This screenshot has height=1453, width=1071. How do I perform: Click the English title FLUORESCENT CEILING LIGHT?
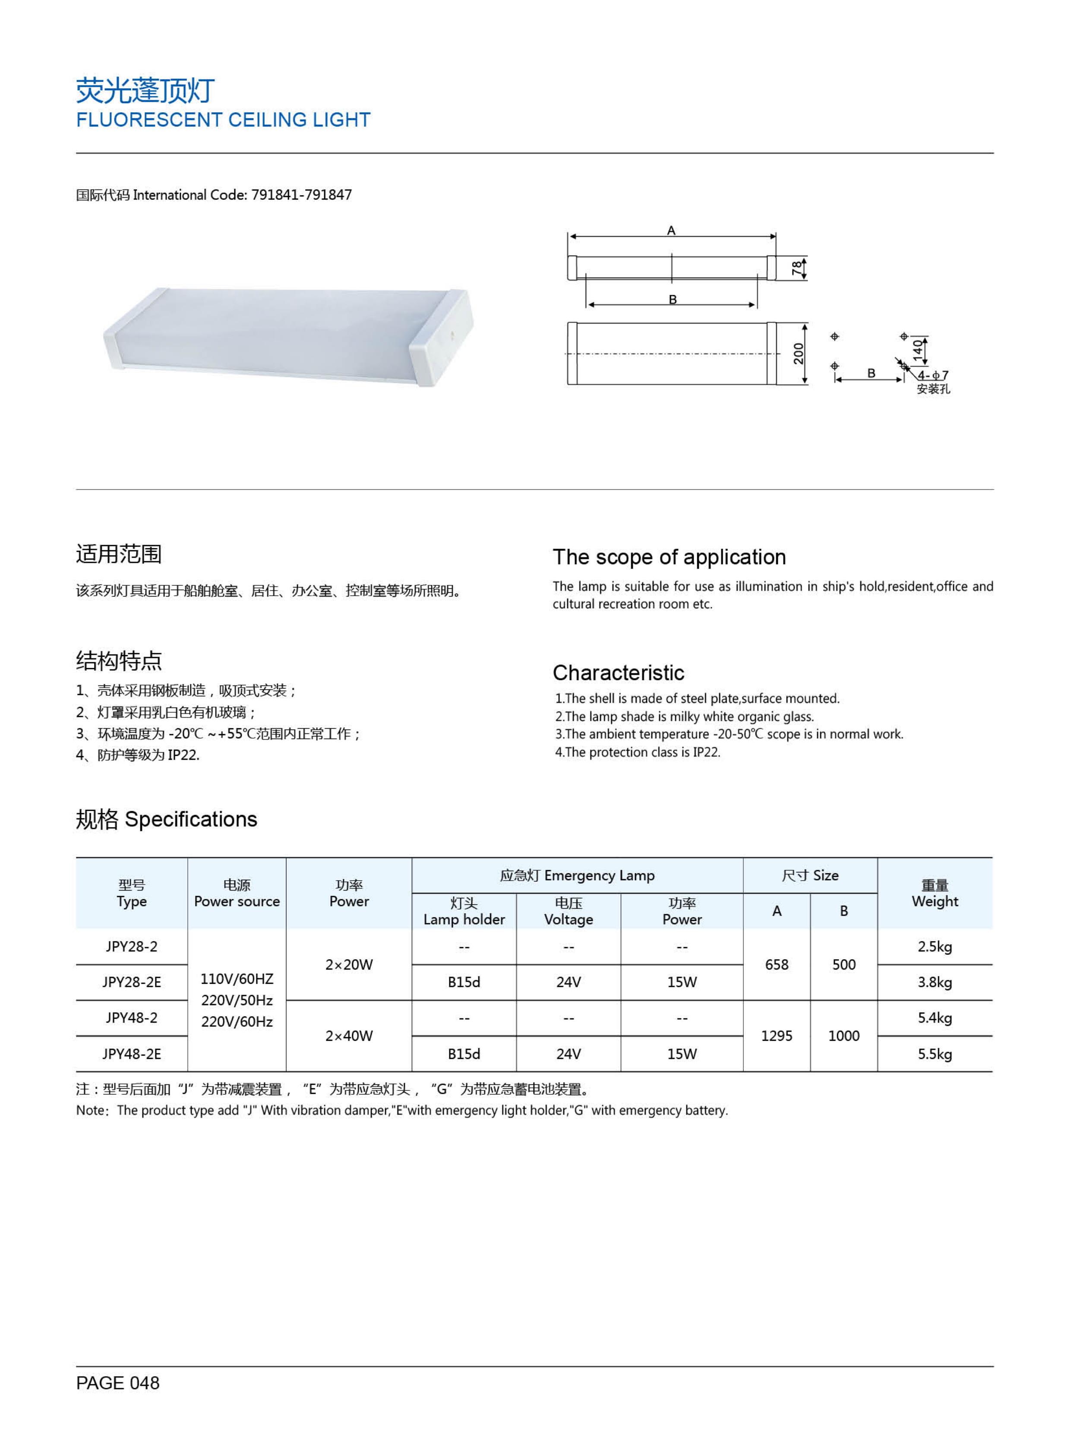(x=223, y=120)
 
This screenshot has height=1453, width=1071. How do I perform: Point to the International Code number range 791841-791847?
(x=301, y=195)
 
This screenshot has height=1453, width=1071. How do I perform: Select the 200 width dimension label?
(x=798, y=354)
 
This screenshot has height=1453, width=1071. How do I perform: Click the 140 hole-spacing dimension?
(x=917, y=349)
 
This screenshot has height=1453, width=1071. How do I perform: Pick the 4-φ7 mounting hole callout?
(x=933, y=376)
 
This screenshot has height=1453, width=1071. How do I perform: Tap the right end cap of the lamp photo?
(x=441, y=337)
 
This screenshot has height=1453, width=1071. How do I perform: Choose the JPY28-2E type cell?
(x=132, y=982)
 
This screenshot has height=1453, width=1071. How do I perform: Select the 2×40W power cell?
(x=349, y=1036)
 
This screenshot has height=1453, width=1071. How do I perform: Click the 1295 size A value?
(x=776, y=1036)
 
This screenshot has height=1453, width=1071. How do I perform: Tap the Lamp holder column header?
(x=464, y=919)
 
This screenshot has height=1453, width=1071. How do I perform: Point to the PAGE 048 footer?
(x=117, y=1383)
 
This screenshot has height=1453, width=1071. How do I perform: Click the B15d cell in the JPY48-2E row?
(x=464, y=1054)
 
